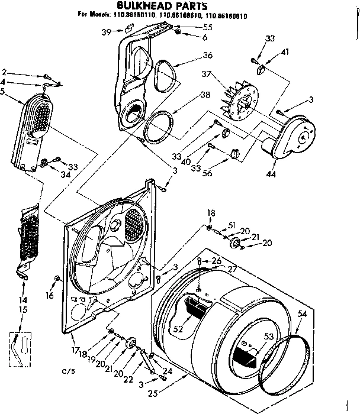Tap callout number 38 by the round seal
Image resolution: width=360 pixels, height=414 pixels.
[205, 95]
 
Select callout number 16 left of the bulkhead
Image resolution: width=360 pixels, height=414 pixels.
[50, 295]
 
